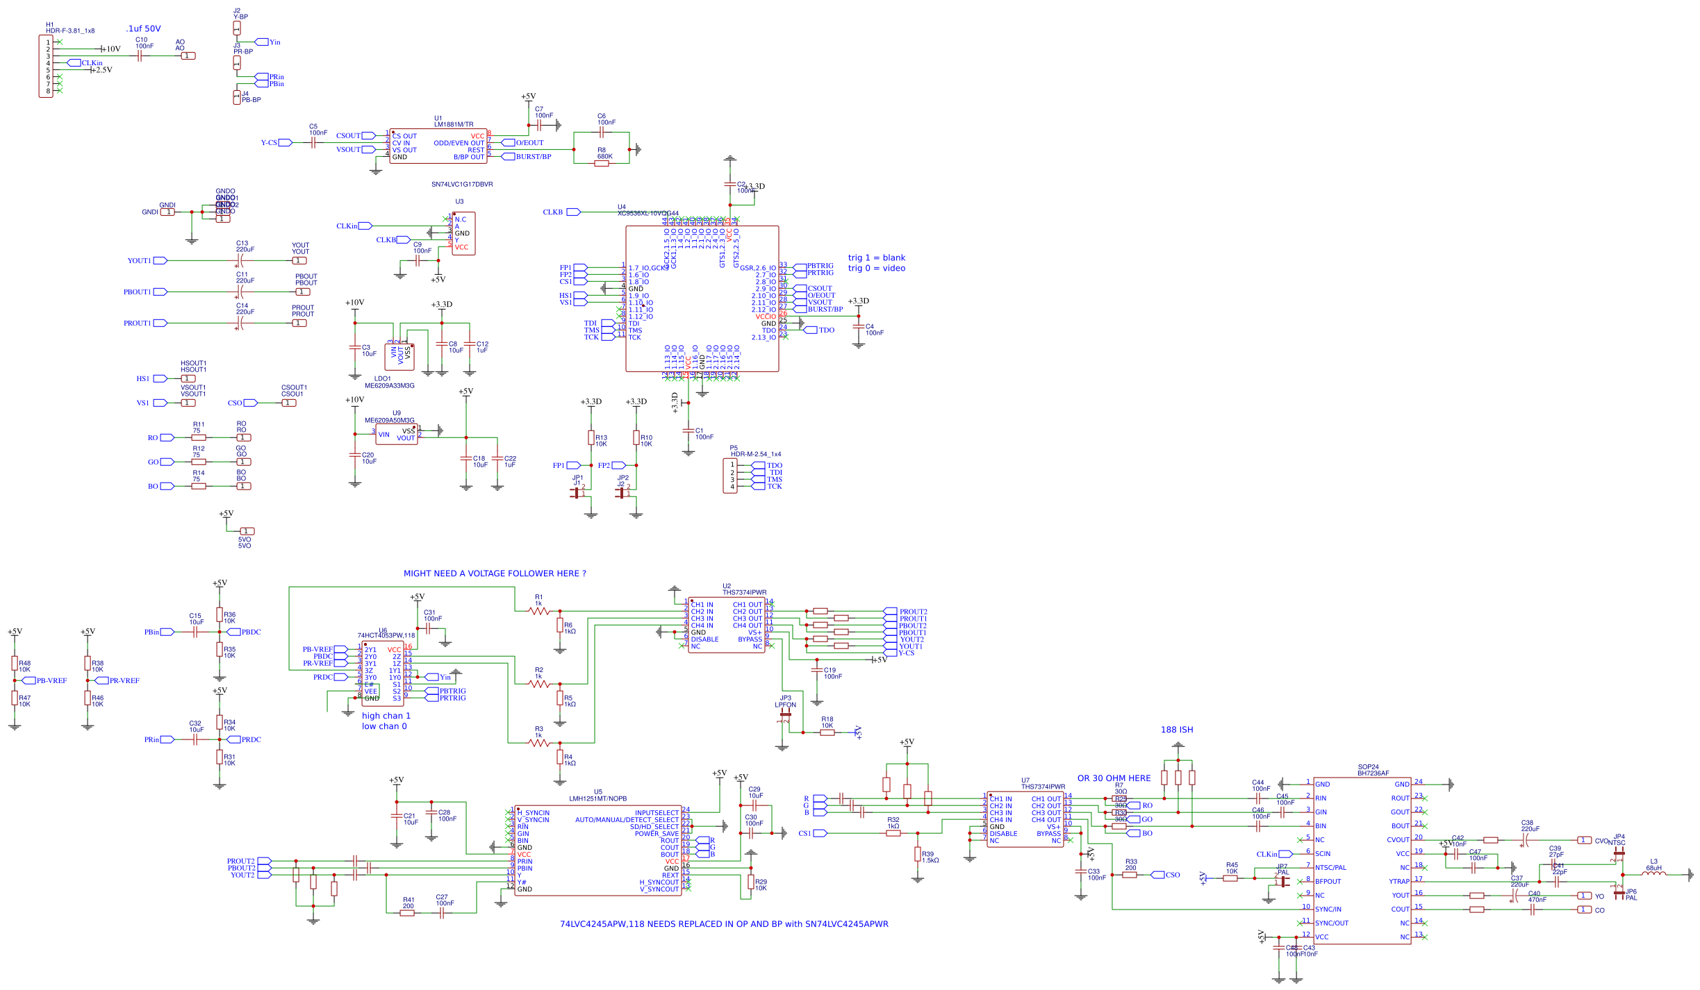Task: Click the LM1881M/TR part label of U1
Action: (454, 125)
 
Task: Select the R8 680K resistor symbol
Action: (602, 163)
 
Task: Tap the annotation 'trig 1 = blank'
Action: (876, 258)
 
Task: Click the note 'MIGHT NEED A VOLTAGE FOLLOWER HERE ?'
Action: (495, 573)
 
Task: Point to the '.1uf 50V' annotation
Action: (143, 29)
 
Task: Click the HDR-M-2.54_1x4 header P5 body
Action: (730, 476)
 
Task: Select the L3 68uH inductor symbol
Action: (1653, 875)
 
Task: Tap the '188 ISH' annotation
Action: (1177, 730)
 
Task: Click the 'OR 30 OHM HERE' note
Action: (1114, 778)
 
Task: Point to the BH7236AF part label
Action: (1373, 773)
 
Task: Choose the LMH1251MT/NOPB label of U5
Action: (597, 798)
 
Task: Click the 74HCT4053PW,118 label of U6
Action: (386, 635)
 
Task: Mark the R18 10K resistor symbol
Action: (827, 732)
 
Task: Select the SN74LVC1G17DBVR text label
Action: (462, 185)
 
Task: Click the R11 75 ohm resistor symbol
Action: (199, 438)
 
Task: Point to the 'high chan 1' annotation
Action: (386, 716)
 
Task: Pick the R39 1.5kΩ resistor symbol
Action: (918, 854)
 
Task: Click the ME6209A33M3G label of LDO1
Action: (389, 386)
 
